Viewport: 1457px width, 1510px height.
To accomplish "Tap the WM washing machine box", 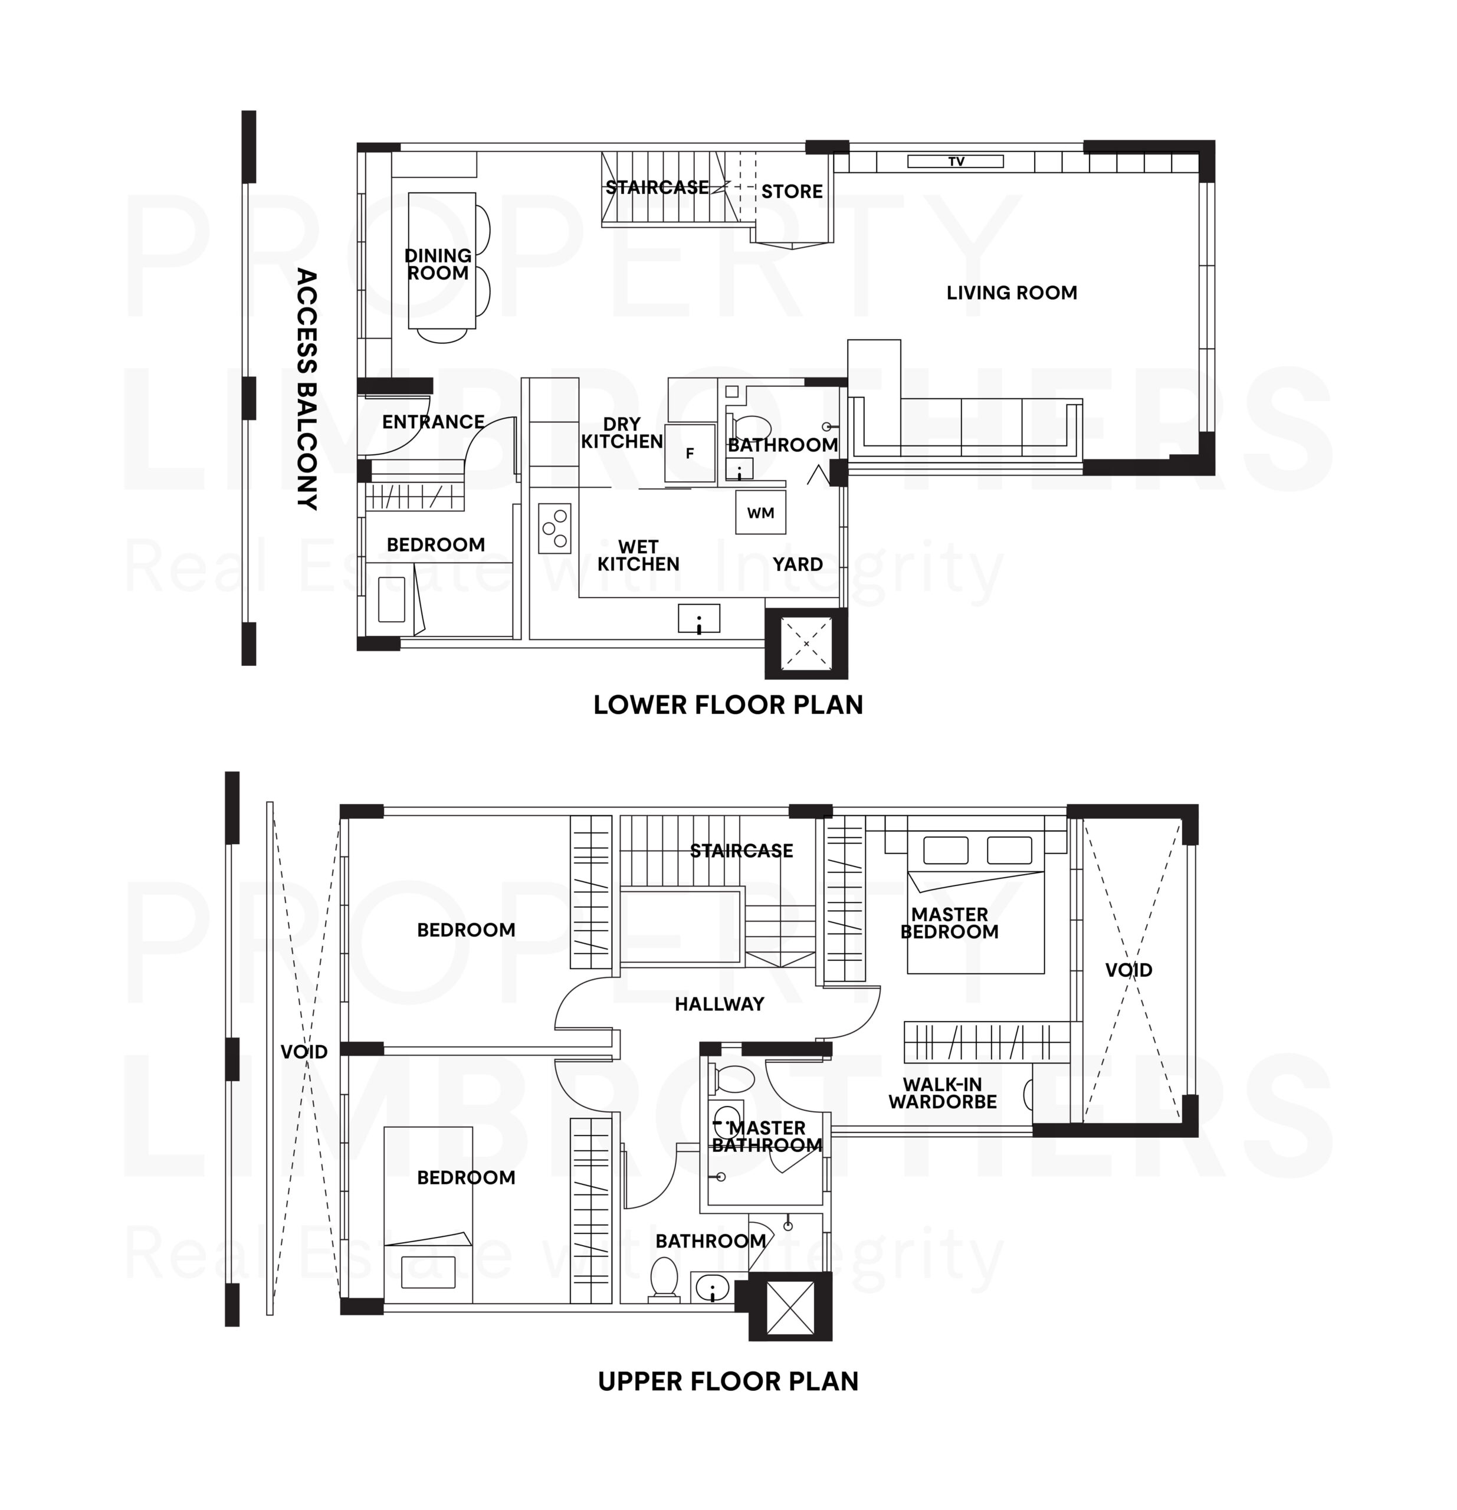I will pyautogui.click(x=760, y=513).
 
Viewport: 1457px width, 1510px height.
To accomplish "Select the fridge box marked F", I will pyautogui.click(x=690, y=453).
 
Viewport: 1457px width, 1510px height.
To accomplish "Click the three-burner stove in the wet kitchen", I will pyautogui.click(x=554, y=528).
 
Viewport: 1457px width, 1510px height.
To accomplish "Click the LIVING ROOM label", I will pyautogui.click(x=1011, y=293).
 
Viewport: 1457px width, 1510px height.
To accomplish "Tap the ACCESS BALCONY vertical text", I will pyautogui.click(x=307, y=389).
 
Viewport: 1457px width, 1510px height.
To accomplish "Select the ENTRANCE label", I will pyautogui.click(x=433, y=422).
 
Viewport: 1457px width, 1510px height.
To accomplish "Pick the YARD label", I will pyautogui.click(x=798, y=564).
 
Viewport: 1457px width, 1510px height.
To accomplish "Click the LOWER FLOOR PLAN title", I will pyautogui.click(x=727, y=705).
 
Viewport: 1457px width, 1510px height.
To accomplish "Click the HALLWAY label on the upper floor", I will pyautogui.click(x=719, y=1004).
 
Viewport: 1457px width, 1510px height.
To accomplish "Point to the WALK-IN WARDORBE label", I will pyautogui.click(x=941, y=1093).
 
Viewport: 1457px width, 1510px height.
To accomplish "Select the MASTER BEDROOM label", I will pyautogui.click(x=949, y=923).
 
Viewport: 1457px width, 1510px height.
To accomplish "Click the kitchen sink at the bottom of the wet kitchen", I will pyautogui.click(x=698, y=619).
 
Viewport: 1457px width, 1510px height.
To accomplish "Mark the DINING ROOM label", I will pyautogui.click(x=438, y=264).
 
